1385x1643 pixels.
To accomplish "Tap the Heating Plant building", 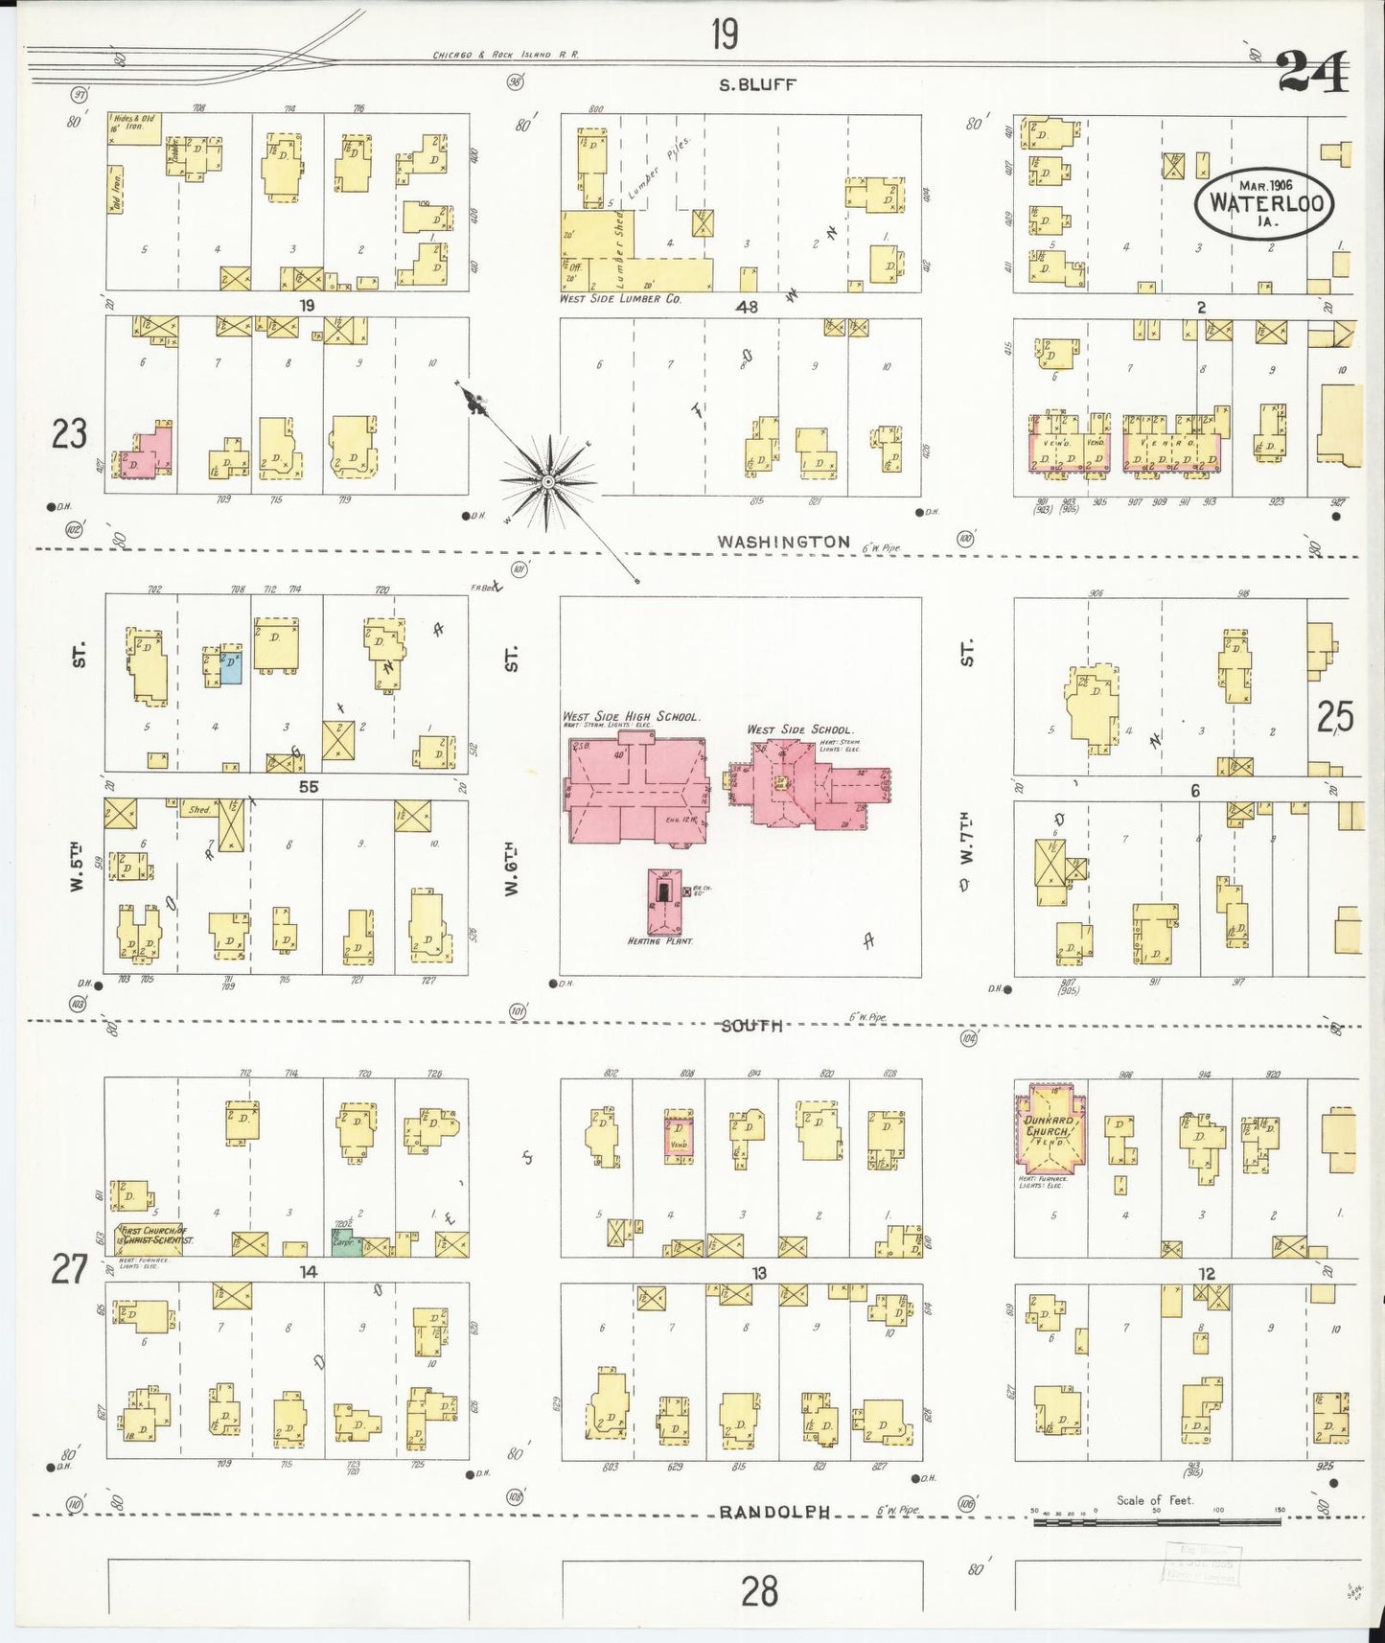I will pos(662,901).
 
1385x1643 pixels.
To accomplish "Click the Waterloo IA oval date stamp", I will pos(1264,203).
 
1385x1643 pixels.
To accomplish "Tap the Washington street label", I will pos(783,542).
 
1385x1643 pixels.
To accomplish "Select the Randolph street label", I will pos(773,1512).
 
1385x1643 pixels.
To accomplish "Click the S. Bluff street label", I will pos(757,84).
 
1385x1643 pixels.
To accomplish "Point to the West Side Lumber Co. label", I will pos(620,299).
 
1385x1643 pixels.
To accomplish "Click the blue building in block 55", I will pos(230,668).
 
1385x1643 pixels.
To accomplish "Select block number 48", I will pos(747,307).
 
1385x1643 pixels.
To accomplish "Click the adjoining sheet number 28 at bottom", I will pos(758,1591).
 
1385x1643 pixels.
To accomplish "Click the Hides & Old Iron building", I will pos(134,128).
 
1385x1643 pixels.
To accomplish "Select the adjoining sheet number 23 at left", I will pos(69,434).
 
